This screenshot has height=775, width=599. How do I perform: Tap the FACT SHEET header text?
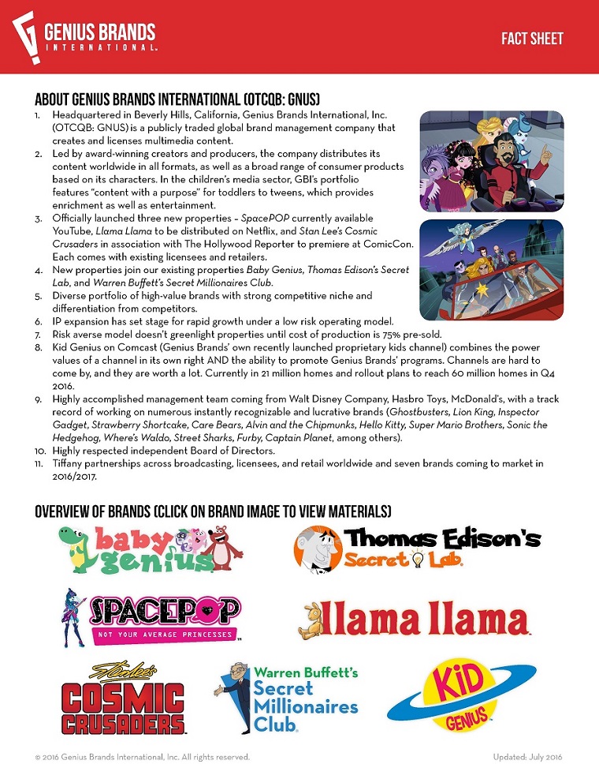pos(532,39)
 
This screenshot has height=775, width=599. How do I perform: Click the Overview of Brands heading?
pos(213,511)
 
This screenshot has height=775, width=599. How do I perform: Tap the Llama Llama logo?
pos(414,620)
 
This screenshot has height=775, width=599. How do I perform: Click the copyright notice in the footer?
pos(142,757)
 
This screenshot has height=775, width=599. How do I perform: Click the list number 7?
pos(40,334)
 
